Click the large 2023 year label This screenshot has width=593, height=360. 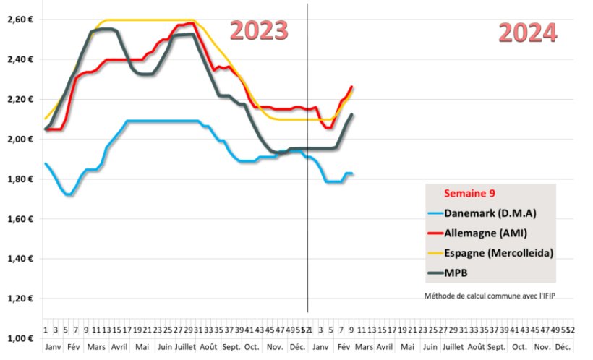[x=259, y=30]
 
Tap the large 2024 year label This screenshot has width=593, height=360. [x=528, y=33]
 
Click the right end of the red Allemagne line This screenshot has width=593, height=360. [x=352, y=87]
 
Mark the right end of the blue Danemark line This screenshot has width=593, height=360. [x=351, y=173]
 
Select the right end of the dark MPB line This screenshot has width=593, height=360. [x=352, y=114]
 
